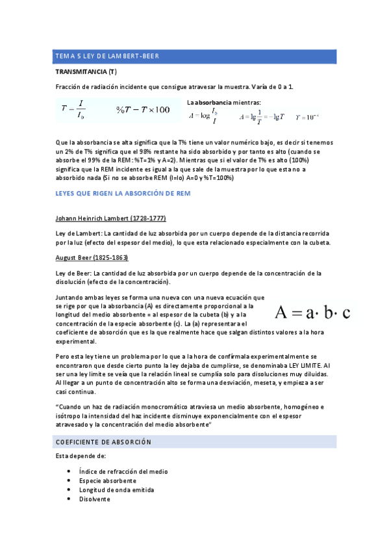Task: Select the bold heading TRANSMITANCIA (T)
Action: [86, 71]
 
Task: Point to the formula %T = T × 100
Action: [143, 110]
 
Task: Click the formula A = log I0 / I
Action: [203, 116]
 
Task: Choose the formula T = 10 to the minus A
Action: [307, 118]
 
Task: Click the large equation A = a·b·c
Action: [312, 313]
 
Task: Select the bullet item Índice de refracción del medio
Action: [118, 471]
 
